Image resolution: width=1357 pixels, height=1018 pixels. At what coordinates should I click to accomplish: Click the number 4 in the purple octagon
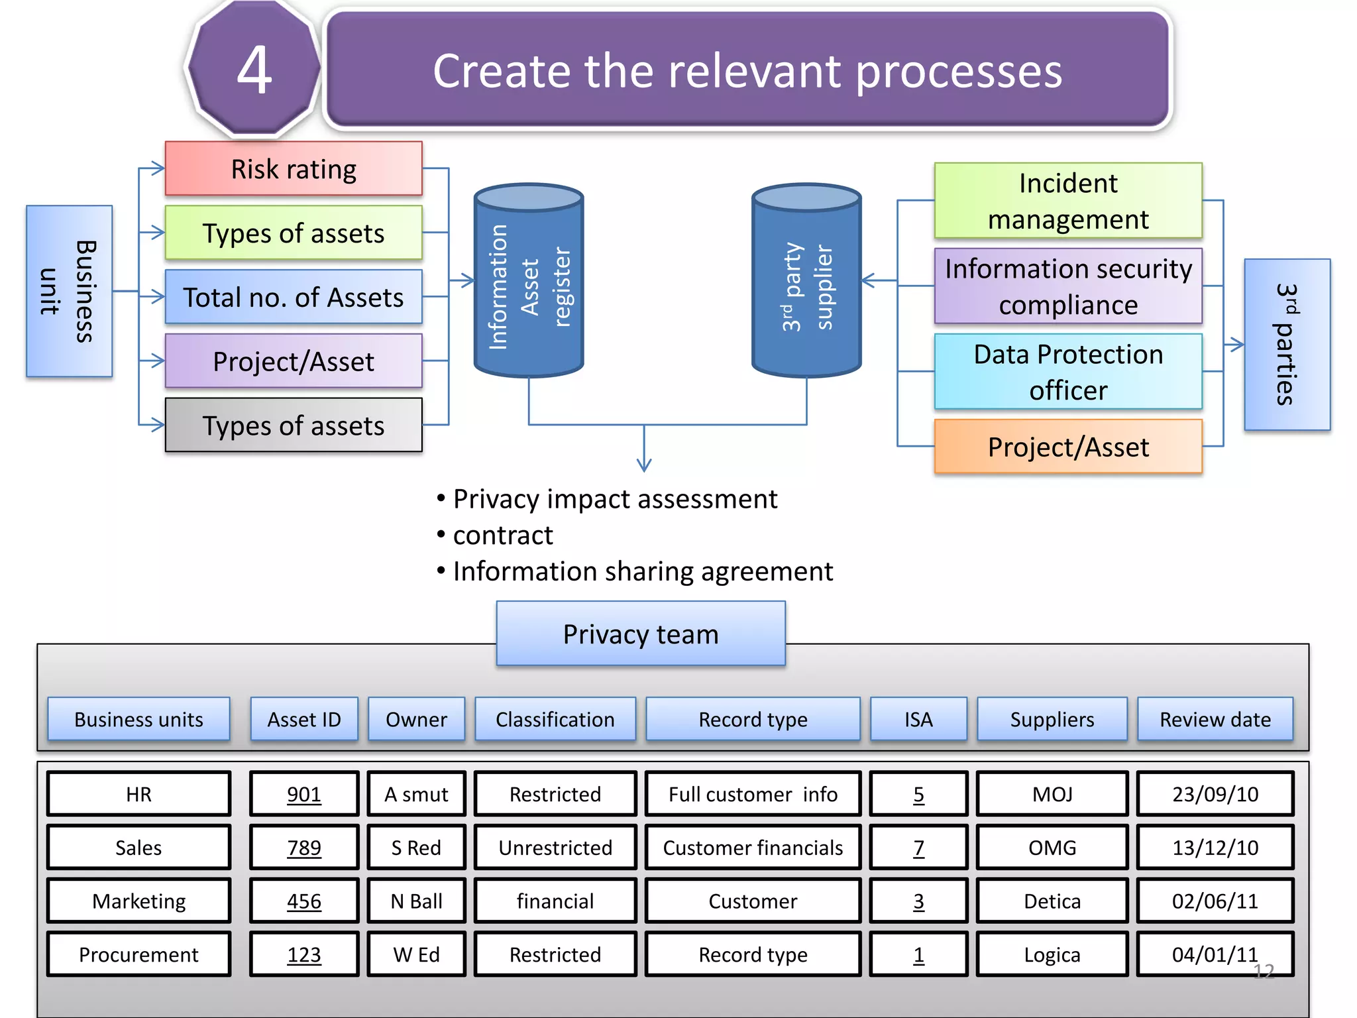tap(254, 70)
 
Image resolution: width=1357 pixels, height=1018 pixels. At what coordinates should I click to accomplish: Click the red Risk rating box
tap(293, 168)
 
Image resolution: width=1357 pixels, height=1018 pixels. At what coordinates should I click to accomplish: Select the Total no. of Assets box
tap(293, 297)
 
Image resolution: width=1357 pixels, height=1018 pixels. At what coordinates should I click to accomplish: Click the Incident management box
tap(1067, 201)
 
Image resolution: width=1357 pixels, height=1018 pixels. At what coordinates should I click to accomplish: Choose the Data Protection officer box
tap(1067, 372)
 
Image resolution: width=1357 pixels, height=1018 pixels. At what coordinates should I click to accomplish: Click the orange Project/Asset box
tap(1067, 447)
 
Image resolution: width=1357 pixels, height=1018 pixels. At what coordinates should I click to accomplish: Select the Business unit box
tap(69, 291)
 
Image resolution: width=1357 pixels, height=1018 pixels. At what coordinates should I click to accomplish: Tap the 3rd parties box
tap(1287, 344)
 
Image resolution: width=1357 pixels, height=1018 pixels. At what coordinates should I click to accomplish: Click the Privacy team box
tap(641, 634)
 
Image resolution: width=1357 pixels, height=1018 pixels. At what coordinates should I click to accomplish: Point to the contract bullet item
tap(502, 536)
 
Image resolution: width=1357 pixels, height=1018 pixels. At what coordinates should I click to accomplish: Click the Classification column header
tap(555, 719)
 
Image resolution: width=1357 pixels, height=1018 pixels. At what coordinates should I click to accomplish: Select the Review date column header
tap(1215, 719)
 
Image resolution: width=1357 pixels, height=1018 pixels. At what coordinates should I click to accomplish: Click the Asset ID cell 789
tap(304, 847)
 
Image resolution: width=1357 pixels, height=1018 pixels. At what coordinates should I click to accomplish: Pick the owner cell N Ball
tap(416, 901)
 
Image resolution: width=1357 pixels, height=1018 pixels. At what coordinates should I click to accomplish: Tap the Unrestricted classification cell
tap(555, 847)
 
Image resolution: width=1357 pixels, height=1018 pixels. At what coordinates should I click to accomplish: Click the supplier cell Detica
tap(1052, 901)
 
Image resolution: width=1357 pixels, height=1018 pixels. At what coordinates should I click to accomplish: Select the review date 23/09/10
tap(1215, 794)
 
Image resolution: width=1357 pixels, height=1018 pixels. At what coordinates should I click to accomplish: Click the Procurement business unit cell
tap(138, 954)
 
